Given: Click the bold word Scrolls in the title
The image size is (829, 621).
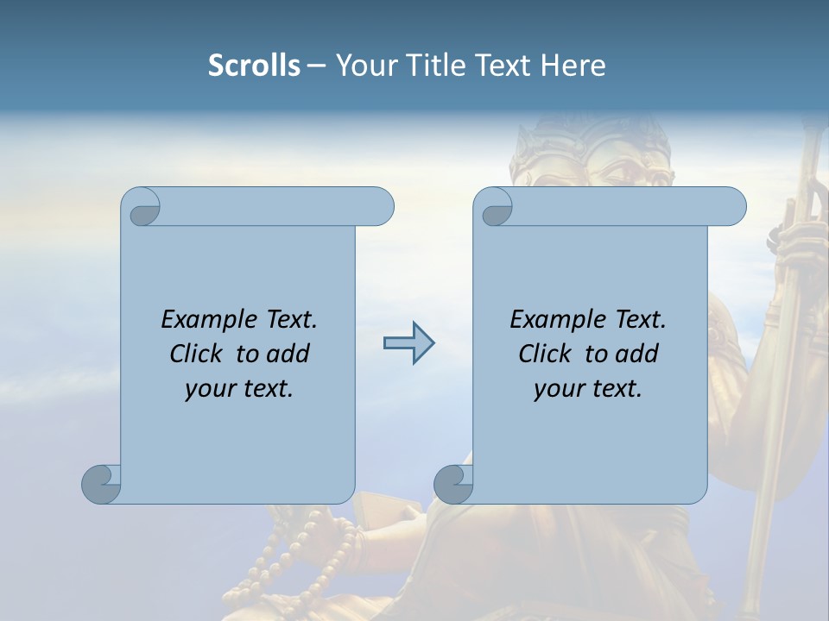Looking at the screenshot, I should tap(254, 66).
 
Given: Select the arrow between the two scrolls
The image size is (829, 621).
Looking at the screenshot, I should tap(408, 343).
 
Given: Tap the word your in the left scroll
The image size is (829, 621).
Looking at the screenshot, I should tap(209, 389).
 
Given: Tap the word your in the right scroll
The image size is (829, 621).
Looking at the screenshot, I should tap(558, 389).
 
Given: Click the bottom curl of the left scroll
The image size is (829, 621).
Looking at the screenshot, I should tap(101, 484).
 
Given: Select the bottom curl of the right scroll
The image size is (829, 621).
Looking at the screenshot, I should tap(453, 484).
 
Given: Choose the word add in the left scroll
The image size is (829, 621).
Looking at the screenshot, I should tap(288, 354).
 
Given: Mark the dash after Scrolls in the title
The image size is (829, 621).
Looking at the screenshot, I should tap(316, 66).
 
